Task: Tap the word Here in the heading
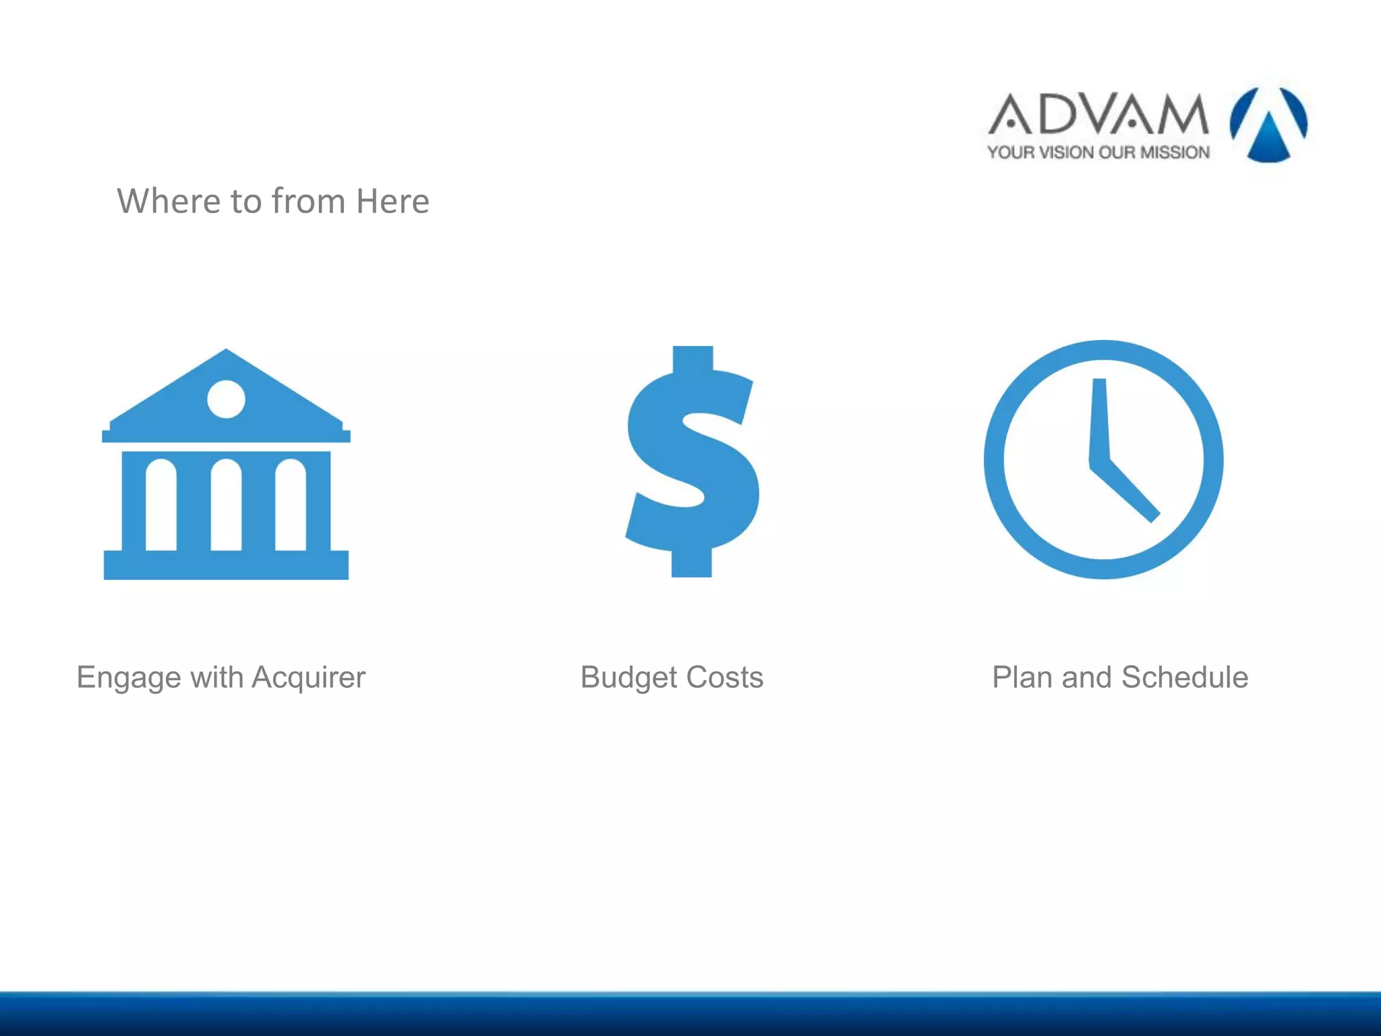[392, 201]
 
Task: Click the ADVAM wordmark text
[1098, 114]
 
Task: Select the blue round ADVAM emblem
[1268, 124]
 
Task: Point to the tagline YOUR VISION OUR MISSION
[1098, 152]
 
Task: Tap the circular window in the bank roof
[226, 399]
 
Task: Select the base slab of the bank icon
[226, 565]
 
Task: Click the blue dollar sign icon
[693, 461]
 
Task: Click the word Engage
[128, 678]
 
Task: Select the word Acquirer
[308, 678]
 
